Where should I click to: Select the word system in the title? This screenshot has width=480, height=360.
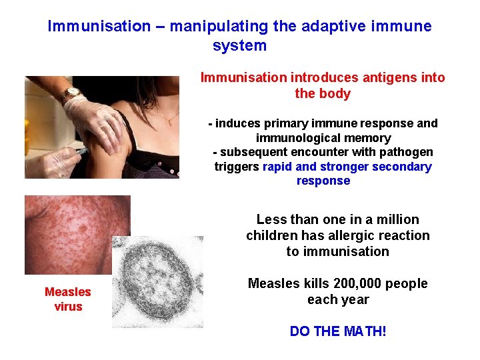click(239, 46)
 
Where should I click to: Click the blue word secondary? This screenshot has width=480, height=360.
click(405, 167)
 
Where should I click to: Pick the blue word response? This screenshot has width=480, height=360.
click(323, 181)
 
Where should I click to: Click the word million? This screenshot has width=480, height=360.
click(397, 219)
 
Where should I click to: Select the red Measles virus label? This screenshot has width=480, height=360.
click(68, 299)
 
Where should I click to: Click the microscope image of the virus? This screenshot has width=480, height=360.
click(157, 281)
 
